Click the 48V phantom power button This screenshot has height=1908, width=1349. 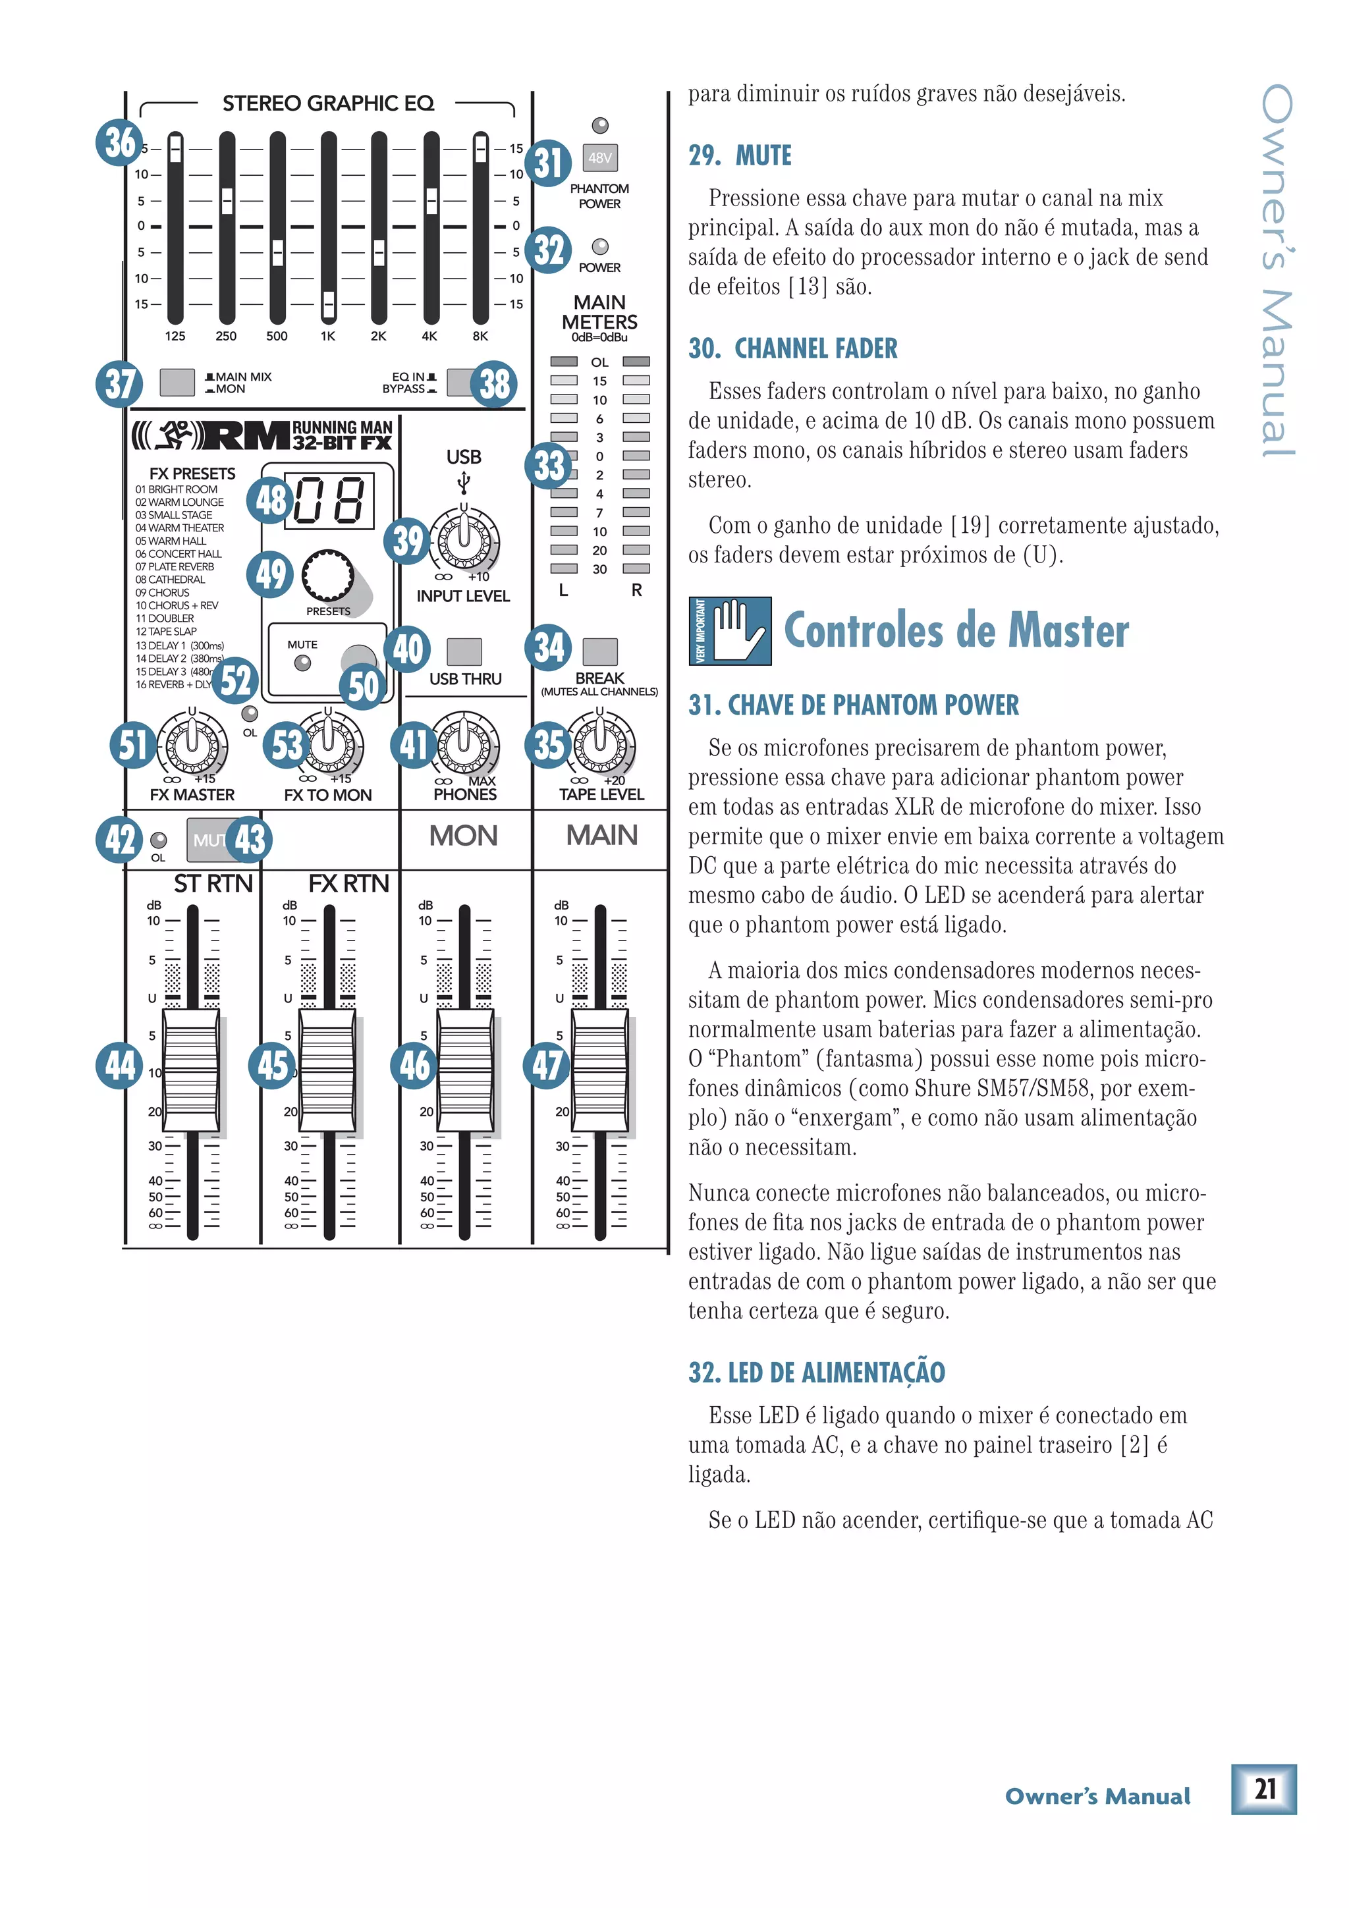[x=599, y=157]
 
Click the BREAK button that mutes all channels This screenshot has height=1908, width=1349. [x=599, y=651]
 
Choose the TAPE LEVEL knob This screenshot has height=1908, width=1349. [x=600, y=742]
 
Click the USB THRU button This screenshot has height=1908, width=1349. [x=464, y=651]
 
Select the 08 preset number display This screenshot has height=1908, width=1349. [x=329, y=501]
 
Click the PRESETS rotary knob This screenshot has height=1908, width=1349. [x=328, y=575]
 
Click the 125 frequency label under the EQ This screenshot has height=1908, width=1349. [x=175, y=337]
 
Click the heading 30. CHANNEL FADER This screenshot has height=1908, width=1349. [x=792, y=348]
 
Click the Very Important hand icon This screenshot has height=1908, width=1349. [x=730, y=631]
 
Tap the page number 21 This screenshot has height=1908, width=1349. [x=1263, y=1788]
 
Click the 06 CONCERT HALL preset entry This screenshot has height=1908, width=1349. [x=179, y=553]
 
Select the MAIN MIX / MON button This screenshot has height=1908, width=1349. [x=177, y=382]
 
